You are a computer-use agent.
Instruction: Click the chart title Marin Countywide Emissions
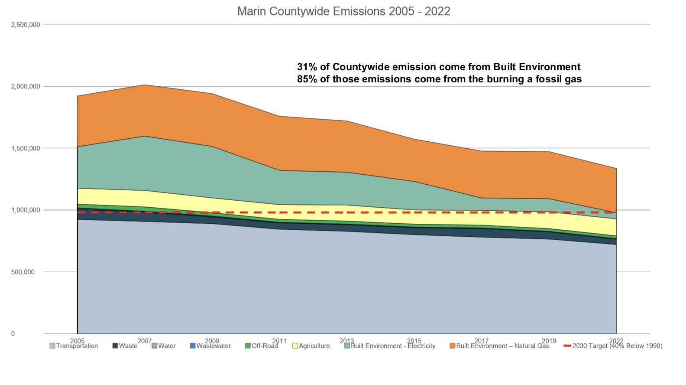point(343,11)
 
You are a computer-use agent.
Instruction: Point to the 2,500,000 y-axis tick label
point(26,25)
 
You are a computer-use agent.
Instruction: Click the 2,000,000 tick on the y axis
point(26,86)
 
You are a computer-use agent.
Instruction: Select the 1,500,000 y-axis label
point(26,148)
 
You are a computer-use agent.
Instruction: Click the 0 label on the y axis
point(13,333)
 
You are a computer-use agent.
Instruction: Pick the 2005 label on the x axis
point(77,341)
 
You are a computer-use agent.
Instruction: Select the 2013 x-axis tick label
point(346,341)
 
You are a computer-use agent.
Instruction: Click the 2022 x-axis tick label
point(616,341)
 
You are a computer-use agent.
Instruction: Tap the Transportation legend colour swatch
point(52,346)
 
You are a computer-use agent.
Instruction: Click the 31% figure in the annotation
point(305,67)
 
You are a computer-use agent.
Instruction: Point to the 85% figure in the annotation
point(305,79)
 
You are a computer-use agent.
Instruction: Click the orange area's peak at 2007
point(145,85)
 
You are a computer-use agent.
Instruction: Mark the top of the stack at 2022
point(616,168)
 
